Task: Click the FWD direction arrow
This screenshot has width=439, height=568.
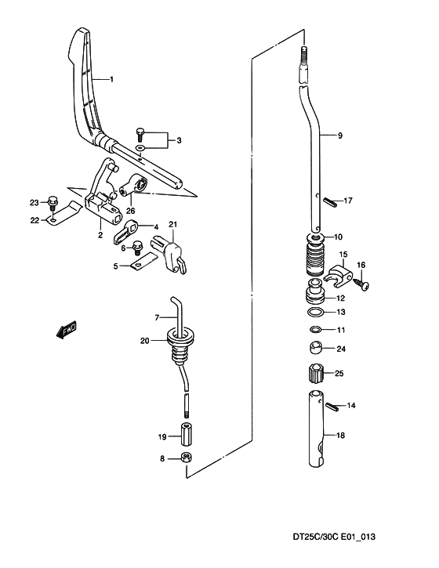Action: click(67, 330)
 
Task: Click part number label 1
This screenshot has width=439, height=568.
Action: click(111, 79)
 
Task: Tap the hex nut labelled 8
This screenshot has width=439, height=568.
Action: click(186, 458)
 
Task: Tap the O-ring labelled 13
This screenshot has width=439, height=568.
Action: click(314, 312)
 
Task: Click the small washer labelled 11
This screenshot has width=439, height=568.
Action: click(315, 330)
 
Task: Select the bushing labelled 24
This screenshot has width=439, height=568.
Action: click(314, 349)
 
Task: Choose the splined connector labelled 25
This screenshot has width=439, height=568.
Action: click(314, 372)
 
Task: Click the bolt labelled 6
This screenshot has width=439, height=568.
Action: click(136, 247)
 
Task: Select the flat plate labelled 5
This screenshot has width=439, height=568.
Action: click(143, 260)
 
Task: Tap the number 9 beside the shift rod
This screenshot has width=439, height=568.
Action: click(339, 136)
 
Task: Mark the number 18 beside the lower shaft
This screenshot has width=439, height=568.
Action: click(340, 435)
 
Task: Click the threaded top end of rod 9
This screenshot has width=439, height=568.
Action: click(305, 52)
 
